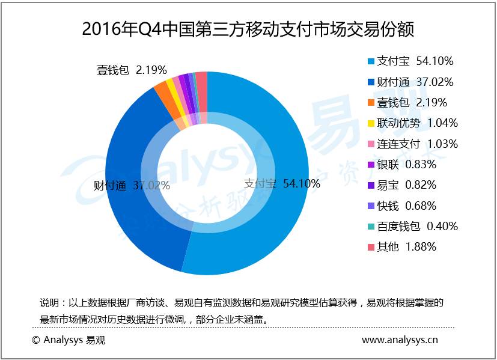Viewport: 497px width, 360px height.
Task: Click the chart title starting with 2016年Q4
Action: pos(248,28)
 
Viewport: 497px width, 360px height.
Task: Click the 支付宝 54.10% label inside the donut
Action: pos(281,184)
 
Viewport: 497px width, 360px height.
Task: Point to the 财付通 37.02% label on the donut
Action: pos(132,186)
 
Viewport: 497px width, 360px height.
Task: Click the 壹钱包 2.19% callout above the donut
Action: pos(132,70)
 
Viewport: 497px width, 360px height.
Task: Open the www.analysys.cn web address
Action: pos(400,341)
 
